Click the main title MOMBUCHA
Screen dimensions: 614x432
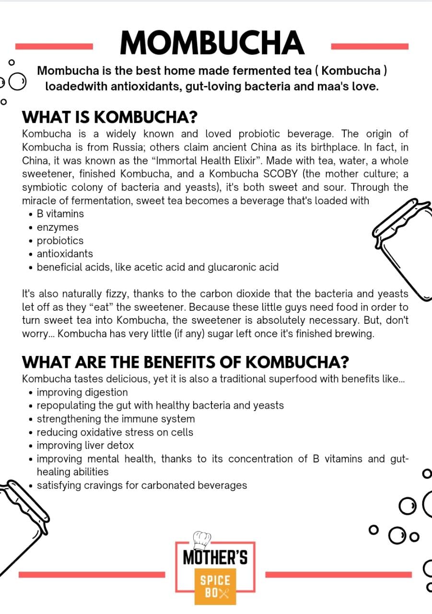[211, 43]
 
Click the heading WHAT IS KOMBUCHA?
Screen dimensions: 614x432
[110, 118]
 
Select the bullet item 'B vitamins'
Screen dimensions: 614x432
[60, 214]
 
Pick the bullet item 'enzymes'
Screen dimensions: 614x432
[58, 227]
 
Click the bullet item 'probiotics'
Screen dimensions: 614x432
[60, 241]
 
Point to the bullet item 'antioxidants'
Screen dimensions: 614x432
[65, 254]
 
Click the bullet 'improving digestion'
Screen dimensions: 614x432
[82, 392]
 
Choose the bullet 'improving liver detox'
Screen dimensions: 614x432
[85, 446]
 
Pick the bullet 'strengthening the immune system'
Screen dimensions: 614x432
[116, 419]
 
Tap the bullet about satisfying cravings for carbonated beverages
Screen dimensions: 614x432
[141, 485]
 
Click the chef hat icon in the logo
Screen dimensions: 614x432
[202, 540]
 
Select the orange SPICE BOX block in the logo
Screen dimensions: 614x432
[215, 586]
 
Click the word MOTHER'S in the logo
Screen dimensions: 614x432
[215, 558]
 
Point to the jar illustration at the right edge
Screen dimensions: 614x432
[400, 245]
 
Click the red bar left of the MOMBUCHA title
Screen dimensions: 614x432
[54, 47]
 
